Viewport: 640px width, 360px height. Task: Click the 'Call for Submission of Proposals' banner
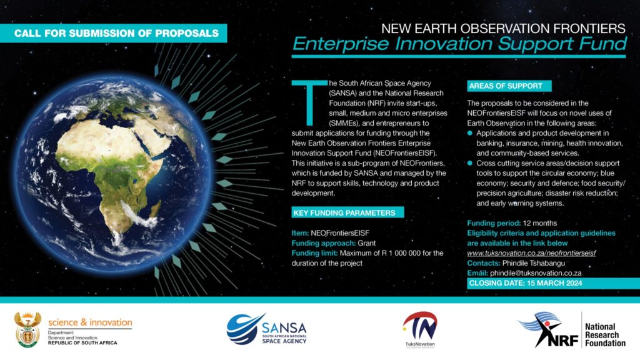114,33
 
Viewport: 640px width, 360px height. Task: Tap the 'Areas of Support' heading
509,86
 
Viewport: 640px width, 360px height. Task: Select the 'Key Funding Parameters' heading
347,212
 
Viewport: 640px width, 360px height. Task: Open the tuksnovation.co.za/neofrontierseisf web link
531,253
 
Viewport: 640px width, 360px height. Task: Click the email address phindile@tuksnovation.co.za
536,273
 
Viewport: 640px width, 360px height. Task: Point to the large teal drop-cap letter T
309,102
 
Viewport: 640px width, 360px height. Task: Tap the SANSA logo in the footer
266,329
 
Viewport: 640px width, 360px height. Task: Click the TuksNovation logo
420,329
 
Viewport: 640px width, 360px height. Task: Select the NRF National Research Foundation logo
571,330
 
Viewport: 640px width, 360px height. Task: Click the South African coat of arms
27,330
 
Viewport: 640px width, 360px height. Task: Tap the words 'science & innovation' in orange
90,322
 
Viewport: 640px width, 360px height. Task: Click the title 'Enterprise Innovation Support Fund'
459,44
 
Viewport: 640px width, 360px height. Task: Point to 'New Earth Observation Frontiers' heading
503,29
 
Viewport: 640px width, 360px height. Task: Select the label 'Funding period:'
494,223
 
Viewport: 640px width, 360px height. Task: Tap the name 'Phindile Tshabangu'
534,263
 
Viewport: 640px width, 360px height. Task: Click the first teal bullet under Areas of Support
470,133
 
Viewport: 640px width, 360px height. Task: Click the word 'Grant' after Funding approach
366,243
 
